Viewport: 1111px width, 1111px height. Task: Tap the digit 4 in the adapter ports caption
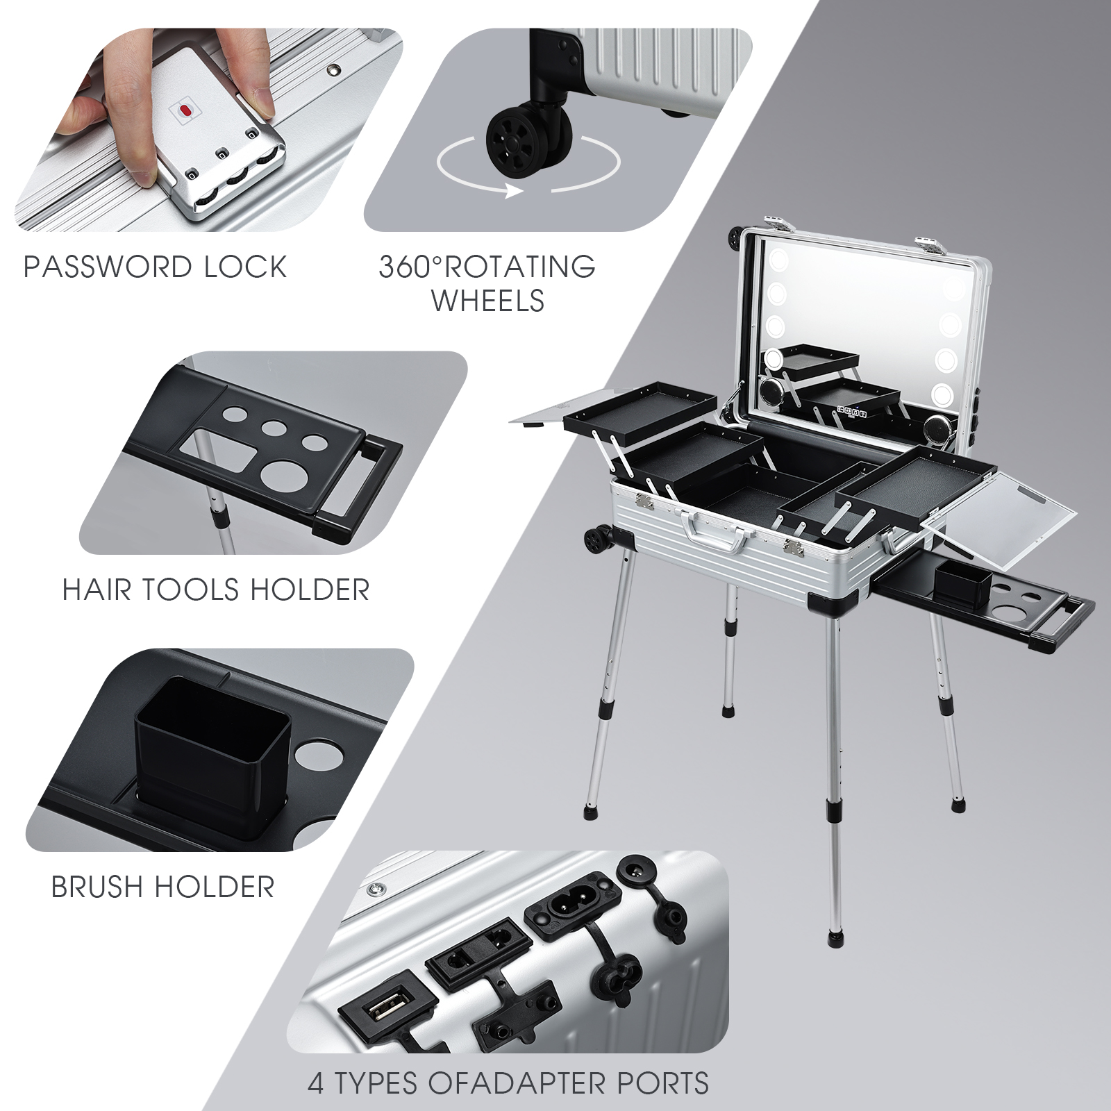tap(317, 1083)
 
